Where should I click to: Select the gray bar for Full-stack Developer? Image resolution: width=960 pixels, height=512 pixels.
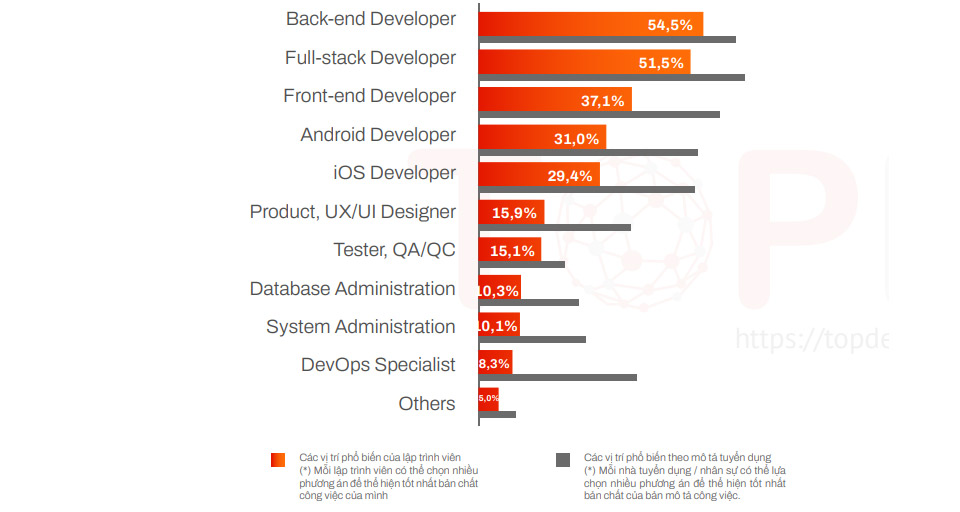pos(611,77)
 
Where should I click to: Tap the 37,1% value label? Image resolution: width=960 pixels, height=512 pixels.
pos(602,101)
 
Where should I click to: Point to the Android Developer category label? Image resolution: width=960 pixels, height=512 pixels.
pos(378,135)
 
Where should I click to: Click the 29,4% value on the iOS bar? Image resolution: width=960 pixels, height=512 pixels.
pos(570,177)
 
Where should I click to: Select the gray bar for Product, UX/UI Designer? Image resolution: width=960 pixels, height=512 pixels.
pos(555,227)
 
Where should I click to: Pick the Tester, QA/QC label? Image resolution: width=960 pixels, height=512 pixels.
pos(394,250)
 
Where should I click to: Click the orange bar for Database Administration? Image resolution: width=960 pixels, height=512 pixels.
pos(500,290)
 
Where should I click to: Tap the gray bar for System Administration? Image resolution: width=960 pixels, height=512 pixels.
pos(532,340)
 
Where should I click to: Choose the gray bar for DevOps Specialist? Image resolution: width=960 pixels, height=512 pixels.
pos(558,378)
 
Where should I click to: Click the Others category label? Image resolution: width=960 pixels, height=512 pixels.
pos(427,404)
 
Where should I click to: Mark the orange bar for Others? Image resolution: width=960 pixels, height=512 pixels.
pos(489,399)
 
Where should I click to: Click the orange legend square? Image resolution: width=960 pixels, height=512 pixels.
pos(278,460)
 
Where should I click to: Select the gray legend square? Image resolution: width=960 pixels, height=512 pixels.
pos(563,460)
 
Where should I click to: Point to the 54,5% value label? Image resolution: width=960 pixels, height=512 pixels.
pos(669,25)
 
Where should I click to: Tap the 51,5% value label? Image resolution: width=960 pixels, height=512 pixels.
pos(661,63)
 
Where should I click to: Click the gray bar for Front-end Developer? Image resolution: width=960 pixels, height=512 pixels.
pos(599,115)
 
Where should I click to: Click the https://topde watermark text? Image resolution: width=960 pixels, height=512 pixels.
pos(811,339)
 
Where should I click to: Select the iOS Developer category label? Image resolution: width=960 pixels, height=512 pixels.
pos(394,173)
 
